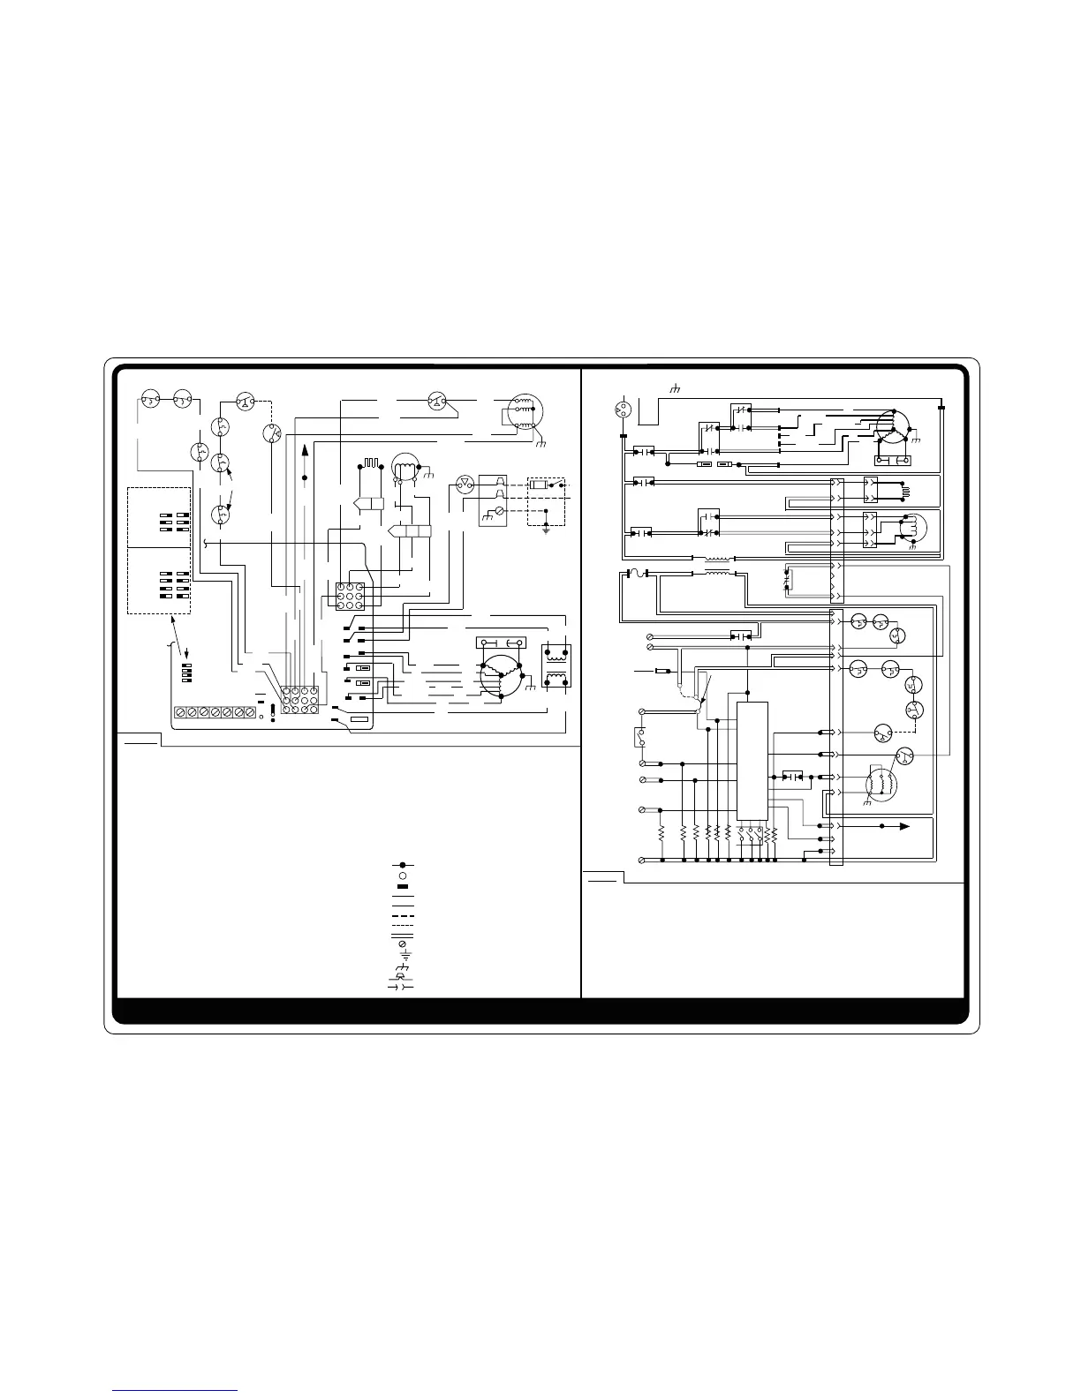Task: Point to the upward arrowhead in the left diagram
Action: pyautogui.click(x=305, y=451)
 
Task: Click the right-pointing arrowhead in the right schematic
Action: pyautogui.click(x=903, y=827)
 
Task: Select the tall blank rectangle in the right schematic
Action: pyautogui.click(x=752, y=760)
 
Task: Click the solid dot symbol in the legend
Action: pyautogui.click(x=402, y=865)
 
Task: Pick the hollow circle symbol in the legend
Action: pyautogui.click(x=402, y=876)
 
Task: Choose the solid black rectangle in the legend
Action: pyautogui.click(x=402, y=886)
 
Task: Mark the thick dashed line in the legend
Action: pyautogui.click(x=402, y=915)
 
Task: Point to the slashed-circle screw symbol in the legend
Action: pyautogui.click(x=402, y=944)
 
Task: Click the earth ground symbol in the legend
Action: pyautogui.click(x=402, y=955)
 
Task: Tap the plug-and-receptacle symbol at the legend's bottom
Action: pyautogui.click(x=402, y=986)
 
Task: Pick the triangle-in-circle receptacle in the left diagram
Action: pyautogui.click(x=463, y=483)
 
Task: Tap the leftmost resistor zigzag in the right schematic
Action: pyautogui.click(x=661, y=834)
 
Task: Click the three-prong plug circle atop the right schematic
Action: pyautogui.click(x=623, y=409)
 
